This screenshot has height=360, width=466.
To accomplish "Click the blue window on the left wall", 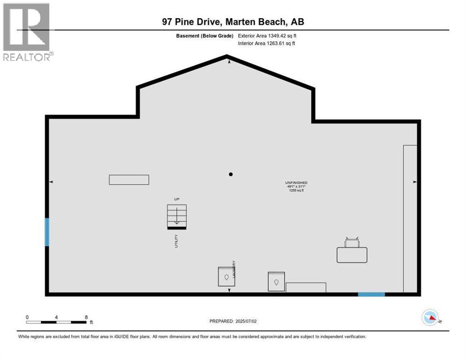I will [x=47, y=232].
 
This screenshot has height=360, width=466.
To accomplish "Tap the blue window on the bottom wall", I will [x=371, y=294].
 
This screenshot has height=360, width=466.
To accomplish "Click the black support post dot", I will [x=231, y=174].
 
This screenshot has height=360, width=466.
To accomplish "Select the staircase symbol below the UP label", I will [x=177, y=217].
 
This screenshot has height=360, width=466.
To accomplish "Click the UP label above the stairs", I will [x=177, y=199].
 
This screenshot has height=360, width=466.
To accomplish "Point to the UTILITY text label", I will [x=176, y=241].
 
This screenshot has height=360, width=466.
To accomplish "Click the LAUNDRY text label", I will [x=233, y=270].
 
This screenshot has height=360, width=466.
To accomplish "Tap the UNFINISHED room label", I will [x=296, y=182].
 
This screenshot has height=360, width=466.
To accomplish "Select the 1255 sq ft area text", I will [x=296, y=191].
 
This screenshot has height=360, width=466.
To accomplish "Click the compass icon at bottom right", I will [x=430, y=318].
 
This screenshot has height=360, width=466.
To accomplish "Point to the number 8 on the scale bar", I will [x=86, y=317].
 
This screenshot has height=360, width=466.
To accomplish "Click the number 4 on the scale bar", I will [x=56, y=317].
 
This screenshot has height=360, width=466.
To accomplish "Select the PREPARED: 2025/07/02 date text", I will [x=233, y=321].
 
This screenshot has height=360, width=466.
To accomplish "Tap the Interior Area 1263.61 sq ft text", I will [x=266, y=43].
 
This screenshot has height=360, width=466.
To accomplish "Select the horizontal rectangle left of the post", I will [x=129, y=180].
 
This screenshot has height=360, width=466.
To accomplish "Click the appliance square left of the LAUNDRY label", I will [x=225, y=277].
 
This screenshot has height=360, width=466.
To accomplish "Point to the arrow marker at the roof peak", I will [x=229, y=61].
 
